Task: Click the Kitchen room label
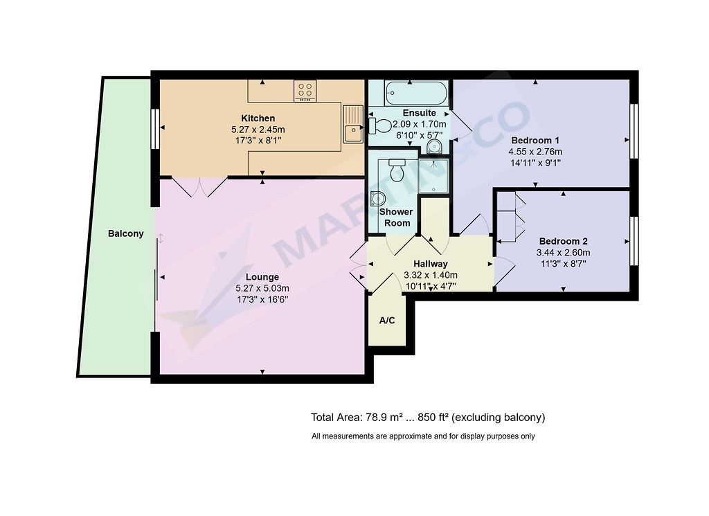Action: click(258, 118)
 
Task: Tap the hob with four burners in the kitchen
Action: click(305, 91)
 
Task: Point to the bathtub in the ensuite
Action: click(416, 94)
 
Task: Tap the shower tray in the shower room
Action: click(433, 175)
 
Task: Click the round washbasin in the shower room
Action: click(377, 198)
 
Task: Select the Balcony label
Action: click(126, 234)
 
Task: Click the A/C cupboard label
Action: click(387, 321)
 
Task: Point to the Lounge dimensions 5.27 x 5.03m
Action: click(262, 288)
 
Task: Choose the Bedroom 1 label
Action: click(535, 140)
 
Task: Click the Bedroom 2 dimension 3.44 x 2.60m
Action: click(564, 253)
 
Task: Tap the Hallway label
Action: click(431, 264)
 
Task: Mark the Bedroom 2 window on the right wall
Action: click(634, 241)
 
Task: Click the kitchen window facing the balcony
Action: click(155, 129)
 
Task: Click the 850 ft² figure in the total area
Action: click(433, 417)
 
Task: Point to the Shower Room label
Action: click(397, 217)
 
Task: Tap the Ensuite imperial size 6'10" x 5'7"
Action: click(420, 135)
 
